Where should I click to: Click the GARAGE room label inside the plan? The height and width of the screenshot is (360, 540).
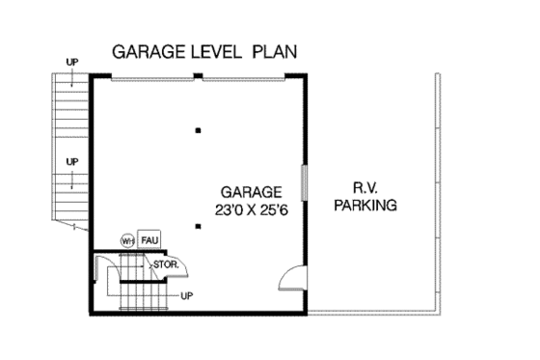click(x=251, y=191)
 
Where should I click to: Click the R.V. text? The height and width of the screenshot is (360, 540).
click(x=364, y=188)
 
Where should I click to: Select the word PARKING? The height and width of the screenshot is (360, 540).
click(x=365, y=206)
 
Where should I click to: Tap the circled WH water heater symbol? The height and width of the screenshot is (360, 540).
click(x=126, y=239)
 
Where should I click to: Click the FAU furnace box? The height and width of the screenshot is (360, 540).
click(x=148, y=238)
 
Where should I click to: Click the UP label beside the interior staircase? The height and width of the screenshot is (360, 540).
click(x=187, y=294)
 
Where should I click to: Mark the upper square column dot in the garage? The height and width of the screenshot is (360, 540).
click(x=198, y=130)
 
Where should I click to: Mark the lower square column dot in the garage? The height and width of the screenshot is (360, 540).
click(x=198, y=227)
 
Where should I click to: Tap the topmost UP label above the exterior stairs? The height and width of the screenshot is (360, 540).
click(x=71, y=63)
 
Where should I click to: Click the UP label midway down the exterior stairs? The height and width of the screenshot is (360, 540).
click(x=71, y=160)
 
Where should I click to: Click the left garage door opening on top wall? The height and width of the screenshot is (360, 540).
click(x=149, y=78)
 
